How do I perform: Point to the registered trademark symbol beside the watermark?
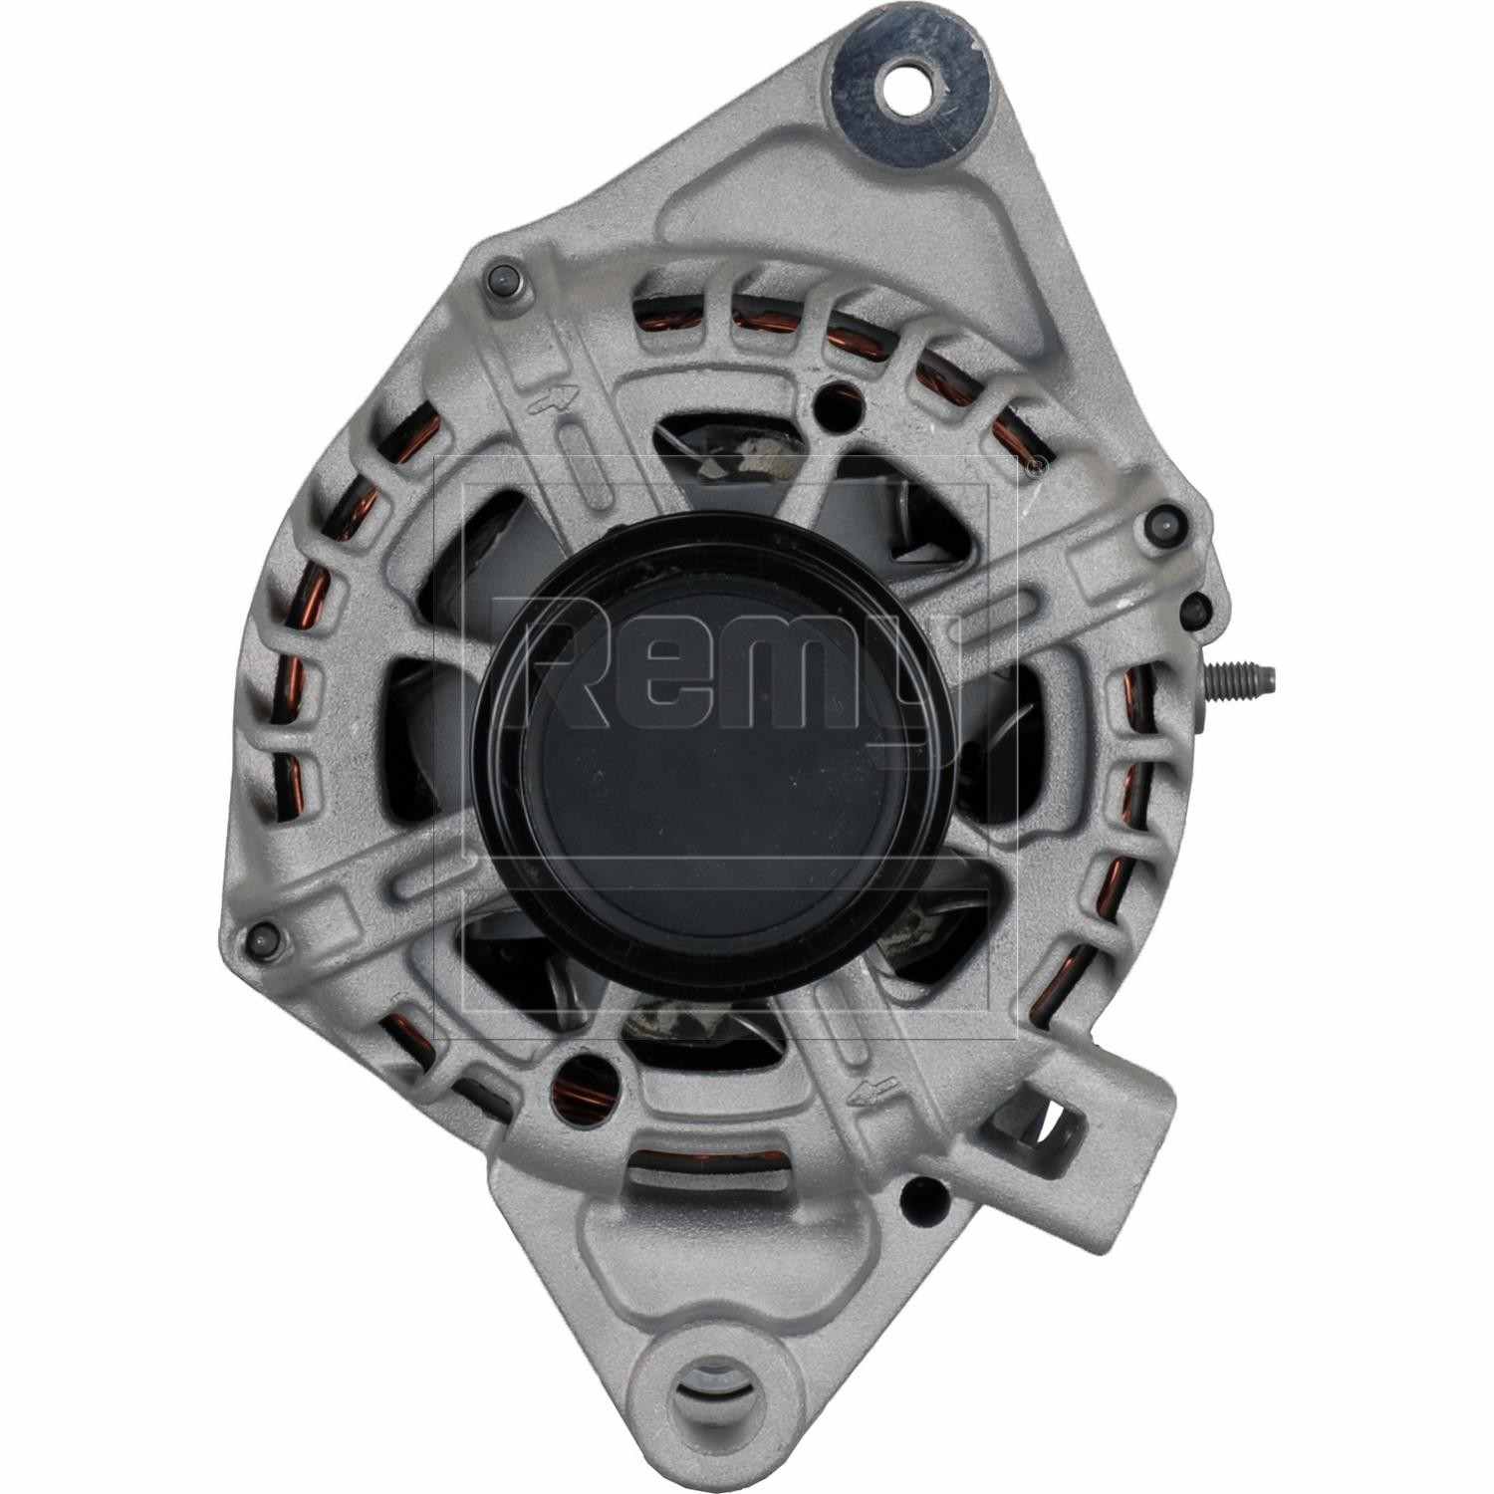tap(1039, 463)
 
